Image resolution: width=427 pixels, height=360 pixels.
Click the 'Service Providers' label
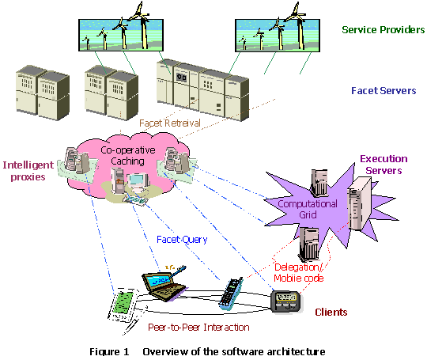384,29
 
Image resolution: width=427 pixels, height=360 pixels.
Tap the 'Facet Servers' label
384,90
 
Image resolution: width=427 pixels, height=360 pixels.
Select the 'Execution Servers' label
384,165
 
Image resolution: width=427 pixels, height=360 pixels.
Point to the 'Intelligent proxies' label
28,171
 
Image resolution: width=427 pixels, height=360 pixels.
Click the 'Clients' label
331,312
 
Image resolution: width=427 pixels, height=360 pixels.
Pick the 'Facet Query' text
182,240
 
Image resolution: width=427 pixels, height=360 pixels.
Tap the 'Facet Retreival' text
170,123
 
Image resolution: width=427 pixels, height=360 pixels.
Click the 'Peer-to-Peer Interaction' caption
198,327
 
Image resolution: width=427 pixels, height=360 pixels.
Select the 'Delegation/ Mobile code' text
299,272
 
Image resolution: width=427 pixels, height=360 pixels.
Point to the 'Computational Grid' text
308,209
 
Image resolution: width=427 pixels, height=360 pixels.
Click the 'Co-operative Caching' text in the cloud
128,155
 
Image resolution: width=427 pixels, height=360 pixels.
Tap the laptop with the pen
164,283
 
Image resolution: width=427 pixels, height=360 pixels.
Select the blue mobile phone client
231,294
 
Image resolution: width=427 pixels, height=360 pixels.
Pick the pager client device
286,301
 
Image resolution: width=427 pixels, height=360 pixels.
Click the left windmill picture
121,35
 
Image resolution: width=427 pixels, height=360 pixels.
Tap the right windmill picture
278,35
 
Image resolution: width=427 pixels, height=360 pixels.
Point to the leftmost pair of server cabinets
43,93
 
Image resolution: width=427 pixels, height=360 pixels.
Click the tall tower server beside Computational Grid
360,203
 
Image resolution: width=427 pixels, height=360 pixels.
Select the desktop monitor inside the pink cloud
138,181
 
